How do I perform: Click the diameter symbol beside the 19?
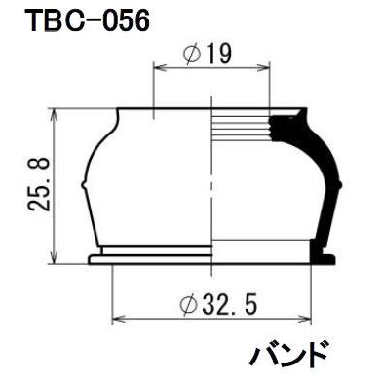pyautogui.click(x=194, y=56)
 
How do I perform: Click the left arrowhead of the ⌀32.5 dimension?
pyautogui.click(x=118, y=318)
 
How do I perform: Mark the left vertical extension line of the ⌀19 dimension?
pyautogui.click(x=155, y=88)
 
